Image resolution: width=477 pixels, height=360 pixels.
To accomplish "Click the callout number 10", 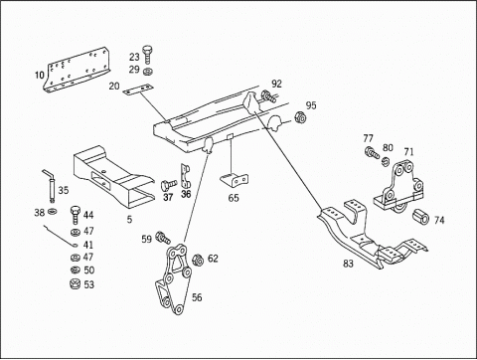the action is [40, 76].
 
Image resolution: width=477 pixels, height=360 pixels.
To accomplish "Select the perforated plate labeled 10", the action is [77, 70].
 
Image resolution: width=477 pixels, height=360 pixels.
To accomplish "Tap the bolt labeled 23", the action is [147, 54].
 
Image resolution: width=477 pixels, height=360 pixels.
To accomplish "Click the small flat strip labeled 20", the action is [138, 90].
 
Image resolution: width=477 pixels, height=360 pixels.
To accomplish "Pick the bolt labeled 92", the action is [268, 96].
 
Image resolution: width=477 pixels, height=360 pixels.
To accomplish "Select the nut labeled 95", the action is [300, 117].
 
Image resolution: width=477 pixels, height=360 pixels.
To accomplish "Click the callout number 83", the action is [348, 264].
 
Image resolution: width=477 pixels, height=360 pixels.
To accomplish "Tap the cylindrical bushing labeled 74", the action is [420, 217].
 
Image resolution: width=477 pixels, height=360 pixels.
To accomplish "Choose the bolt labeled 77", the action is [372, 153].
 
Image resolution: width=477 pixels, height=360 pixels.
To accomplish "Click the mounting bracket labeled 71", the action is [398, 188].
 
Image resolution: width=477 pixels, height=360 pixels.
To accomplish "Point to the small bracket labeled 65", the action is [235, 181].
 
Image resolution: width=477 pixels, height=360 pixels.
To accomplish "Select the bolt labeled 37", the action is [169, 185].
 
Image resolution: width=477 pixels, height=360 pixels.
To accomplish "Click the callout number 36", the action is [186, 194].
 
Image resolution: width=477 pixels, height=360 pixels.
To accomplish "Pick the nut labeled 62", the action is [198, 260].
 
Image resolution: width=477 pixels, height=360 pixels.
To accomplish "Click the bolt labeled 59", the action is [163, 237].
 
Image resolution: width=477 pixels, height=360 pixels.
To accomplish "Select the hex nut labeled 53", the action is [76, 284].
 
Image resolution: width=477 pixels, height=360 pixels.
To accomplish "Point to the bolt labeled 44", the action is [76, 215].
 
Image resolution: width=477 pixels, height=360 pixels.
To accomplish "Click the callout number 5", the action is [129, 219].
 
